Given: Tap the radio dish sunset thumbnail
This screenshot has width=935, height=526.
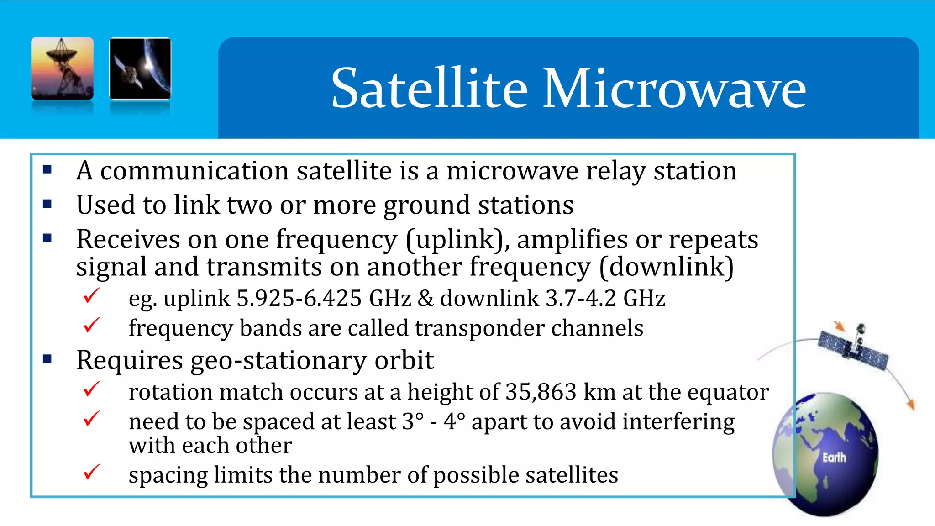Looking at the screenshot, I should pyautogui.click(x=63, y=68).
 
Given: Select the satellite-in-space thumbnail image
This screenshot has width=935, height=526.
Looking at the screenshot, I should pyautogui.click(x=140, y=68).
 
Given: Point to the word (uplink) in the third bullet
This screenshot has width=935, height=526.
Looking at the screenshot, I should pyautogui.click(x=458, y=240).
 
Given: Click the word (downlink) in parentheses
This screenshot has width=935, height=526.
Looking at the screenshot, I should pyautogui.click(x=667, y=267).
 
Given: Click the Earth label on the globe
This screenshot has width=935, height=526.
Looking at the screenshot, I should pyautogui.click(x=834, y=458).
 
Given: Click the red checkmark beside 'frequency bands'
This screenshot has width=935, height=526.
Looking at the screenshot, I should pyautogui.click(x=91, y=326).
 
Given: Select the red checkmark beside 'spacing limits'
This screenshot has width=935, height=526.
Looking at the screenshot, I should pyautogui.click(x=91, y=472).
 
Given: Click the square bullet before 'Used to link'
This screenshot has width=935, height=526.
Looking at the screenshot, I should pyautogui.click(x=47, y=204).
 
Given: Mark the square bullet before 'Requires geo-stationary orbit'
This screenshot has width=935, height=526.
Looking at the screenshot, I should pyautogui.click(x=47, y=359).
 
